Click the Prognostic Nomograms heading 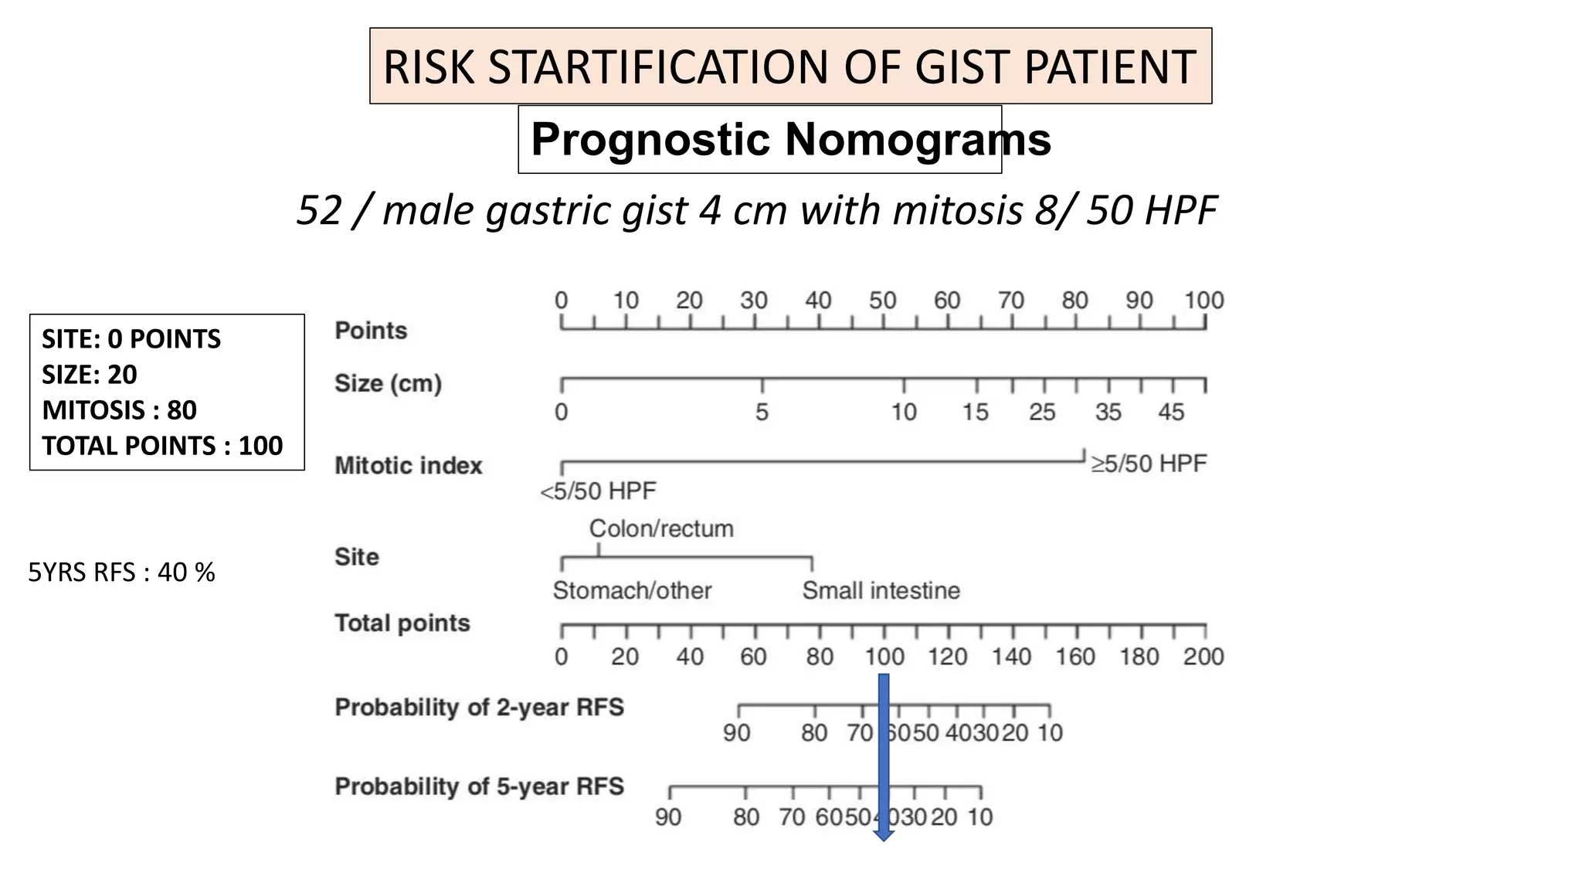click(790, 140)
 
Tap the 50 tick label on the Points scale click(883, 301)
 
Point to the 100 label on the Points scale click(1203, 301)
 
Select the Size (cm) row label click(388, 383)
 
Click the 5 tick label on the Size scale click(762, 413)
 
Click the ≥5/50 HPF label click(1148, 464)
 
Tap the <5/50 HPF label click(598, 491)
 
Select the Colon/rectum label click(661, 528)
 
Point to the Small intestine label click(881, 591)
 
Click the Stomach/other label click(632, 591)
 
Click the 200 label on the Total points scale click(1203, 657)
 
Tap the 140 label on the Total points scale click(1011, 657)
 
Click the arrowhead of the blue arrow click(883, 835)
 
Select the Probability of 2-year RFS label click(479, 708)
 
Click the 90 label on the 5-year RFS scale click(668, 817)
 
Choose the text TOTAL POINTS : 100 click(162, 446)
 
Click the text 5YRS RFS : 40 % click(121, 572)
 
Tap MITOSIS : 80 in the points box click(119, 410)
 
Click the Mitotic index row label click(408, 466)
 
